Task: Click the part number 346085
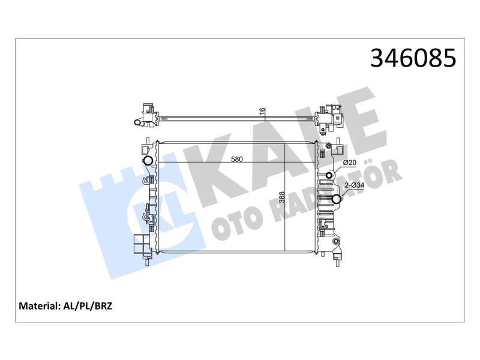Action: (413, 58)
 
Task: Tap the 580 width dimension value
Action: (236, 159)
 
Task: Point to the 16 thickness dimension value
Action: (262, 112)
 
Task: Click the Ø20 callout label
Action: (350, 163)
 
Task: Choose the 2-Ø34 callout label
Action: (354, 185)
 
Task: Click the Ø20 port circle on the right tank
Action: (329, 175)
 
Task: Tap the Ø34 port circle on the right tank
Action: (337, 199)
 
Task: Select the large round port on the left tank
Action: (148, 160)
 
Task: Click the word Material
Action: (38, 306)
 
